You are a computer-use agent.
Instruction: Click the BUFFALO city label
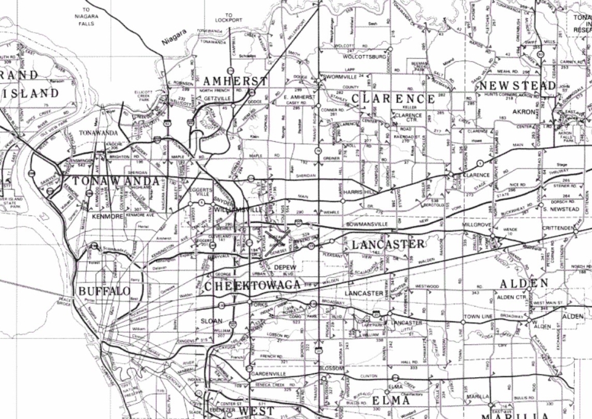click(x=104, y=291)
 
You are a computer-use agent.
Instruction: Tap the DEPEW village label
click(x=285, y=267)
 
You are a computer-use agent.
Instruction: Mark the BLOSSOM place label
click(x=331, y=368)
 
